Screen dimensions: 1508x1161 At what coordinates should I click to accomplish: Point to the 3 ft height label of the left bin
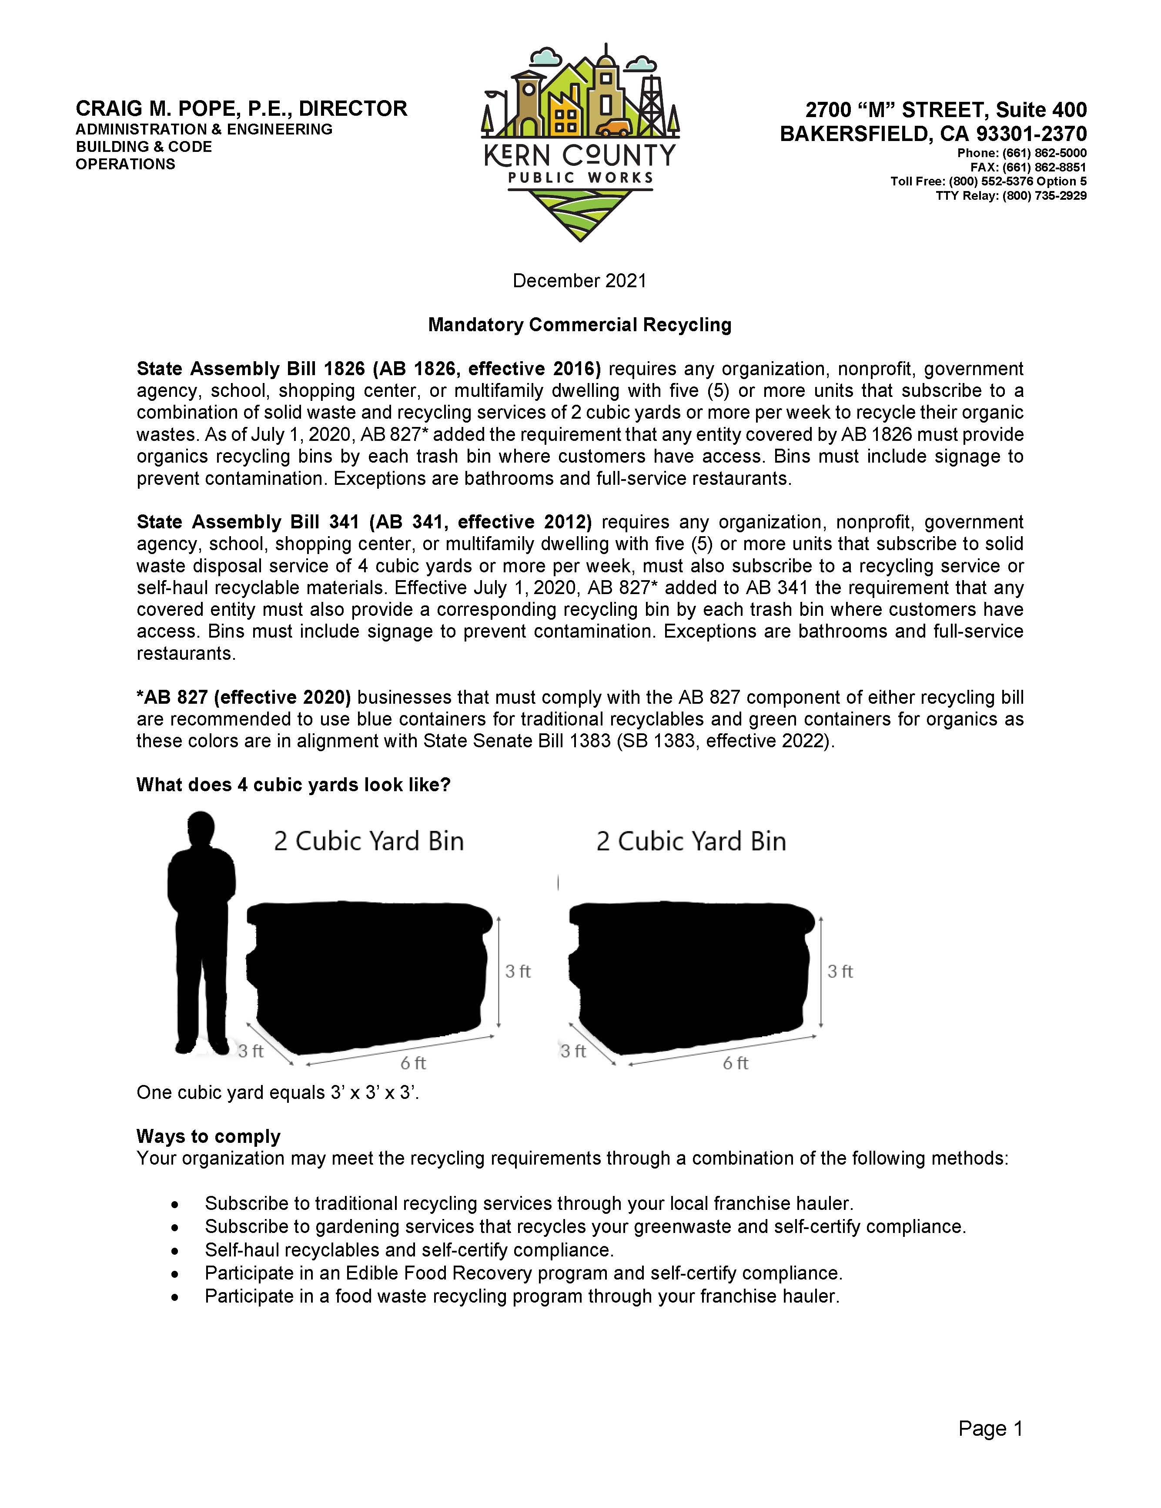pos(518,971)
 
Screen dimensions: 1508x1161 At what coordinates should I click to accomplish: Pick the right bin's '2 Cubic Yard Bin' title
pos(691,841)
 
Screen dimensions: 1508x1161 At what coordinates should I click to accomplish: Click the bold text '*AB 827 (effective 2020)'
pos(244,697)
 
